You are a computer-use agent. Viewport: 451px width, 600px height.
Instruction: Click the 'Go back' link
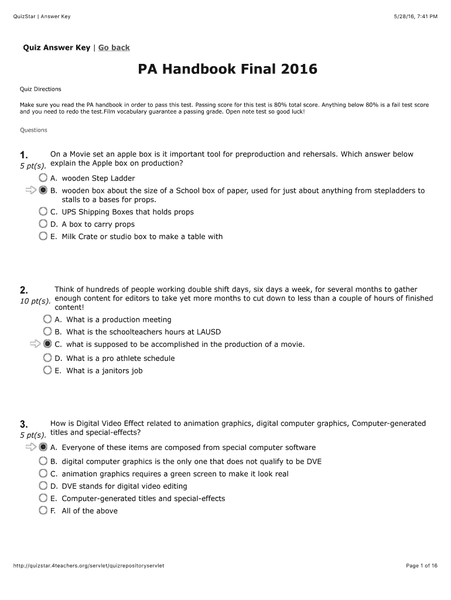(x=114, y=47)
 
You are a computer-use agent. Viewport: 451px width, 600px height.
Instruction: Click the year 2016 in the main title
(x=298, y=70)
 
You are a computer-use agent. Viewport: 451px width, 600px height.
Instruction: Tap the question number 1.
(x=23, y=155)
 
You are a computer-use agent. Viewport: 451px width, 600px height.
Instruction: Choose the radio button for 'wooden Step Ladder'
(x=43, y=178)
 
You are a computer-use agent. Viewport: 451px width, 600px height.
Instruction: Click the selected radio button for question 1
(x=43, y=190)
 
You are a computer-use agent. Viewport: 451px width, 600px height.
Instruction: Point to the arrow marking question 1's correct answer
(x=30, y=190)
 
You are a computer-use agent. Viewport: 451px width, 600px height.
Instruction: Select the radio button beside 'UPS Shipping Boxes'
(x=43, y=212)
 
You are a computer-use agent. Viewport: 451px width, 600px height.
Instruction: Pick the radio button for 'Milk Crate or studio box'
(x=43, y=236)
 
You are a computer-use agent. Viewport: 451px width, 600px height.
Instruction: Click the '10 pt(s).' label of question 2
(x=35, y=301)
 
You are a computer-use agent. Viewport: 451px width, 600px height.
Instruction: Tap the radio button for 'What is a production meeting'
(x=47, y=319)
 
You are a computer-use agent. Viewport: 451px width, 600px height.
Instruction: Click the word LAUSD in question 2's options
(x=209, y=332)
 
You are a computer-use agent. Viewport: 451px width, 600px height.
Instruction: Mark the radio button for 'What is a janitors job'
(x=47, y=370)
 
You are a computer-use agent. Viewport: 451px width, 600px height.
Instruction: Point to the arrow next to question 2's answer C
(x=35, y=344)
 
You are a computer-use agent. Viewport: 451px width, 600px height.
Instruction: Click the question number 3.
(x=23, y=424)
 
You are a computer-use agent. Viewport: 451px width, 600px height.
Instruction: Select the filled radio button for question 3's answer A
(x=43, y=447)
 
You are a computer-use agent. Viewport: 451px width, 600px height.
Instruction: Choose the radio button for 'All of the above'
(x=43, y=510)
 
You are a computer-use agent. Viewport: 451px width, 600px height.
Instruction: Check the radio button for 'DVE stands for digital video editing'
(x=43, y=486)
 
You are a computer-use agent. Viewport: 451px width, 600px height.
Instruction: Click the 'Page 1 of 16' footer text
(x=422, y=565)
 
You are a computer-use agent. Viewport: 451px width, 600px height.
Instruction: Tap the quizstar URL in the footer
(x=88, y=565)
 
